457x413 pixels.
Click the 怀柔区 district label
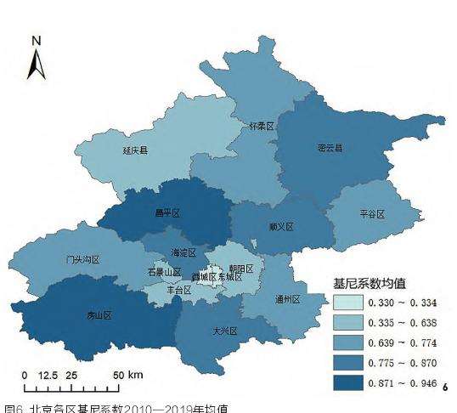pos(262,126)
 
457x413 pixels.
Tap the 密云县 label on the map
pos(330,148)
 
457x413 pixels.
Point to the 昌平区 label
pos(166,212)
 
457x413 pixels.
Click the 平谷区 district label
pos(372,214)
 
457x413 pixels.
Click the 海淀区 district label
pos(183,252)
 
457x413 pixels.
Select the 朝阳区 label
pos(242,269)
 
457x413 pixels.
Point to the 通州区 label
pos(288,299)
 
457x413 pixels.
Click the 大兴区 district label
pos(224,331)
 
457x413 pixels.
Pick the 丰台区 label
pos(178,290)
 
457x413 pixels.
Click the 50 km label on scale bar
pos(129,375)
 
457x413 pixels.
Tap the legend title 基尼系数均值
pos(371,282)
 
